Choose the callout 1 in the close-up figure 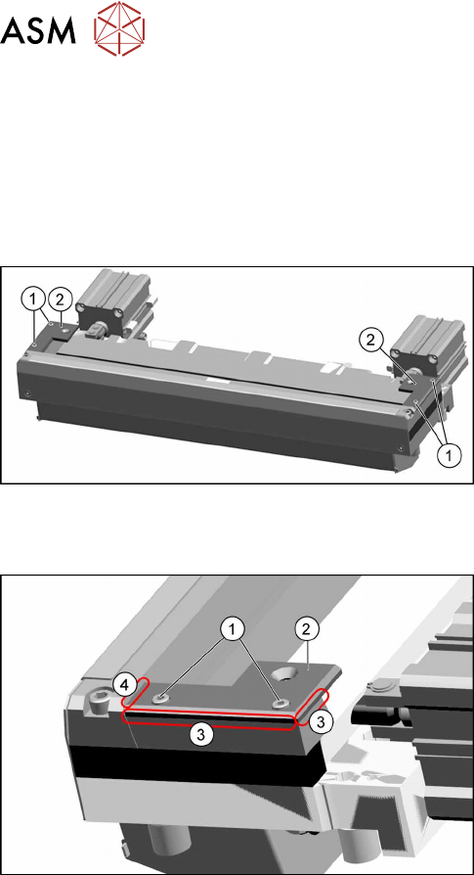234,629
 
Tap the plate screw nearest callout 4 162,698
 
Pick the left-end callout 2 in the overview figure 60,299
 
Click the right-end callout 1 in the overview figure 449,455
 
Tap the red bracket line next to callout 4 135,691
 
